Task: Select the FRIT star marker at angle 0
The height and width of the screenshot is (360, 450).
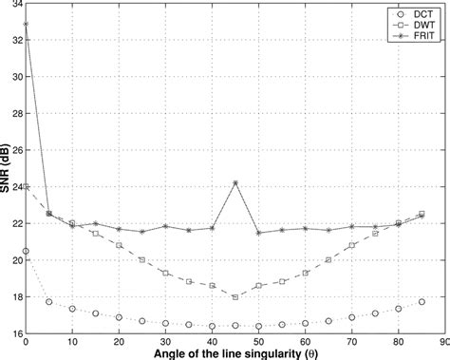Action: (26, 24)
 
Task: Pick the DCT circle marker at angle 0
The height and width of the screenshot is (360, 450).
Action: (26, 251)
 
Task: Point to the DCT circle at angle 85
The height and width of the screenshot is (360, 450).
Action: (422, 302)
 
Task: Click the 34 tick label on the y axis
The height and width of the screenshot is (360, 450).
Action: (13, 5)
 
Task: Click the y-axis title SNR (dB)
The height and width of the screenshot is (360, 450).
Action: (7, 171)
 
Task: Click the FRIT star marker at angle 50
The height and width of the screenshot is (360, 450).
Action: (258, 233)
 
